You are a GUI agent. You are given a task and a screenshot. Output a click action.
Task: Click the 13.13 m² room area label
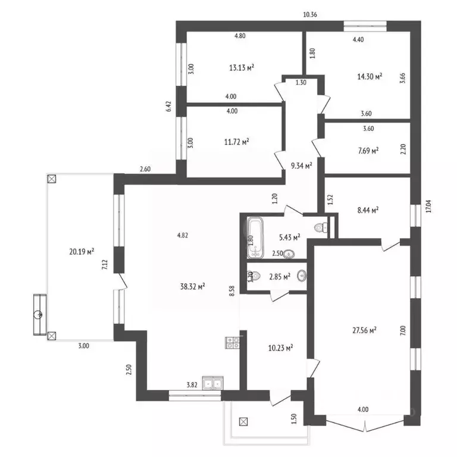click(242, 68)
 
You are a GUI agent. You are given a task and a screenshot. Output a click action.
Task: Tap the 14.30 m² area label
click(370, 76)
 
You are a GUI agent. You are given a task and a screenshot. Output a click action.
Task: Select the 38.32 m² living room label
click(193, 286)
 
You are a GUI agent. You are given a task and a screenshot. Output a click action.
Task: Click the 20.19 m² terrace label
click(82, 252)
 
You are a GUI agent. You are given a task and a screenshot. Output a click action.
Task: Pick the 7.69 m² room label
click(367, 151)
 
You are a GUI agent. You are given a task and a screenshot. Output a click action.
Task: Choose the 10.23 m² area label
click(278, 348)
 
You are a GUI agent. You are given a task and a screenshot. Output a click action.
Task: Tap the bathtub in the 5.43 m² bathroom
click(256, 238)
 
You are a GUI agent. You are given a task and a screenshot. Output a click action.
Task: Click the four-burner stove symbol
click(232, 342)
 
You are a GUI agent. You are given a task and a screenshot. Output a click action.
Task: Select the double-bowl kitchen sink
click(212, 383)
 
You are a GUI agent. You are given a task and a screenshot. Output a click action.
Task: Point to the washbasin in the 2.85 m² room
click(302, 276)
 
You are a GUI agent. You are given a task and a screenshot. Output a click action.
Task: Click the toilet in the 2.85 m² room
click(251, 276)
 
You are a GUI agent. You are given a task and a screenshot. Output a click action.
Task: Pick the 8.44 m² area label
click(367, 209)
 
